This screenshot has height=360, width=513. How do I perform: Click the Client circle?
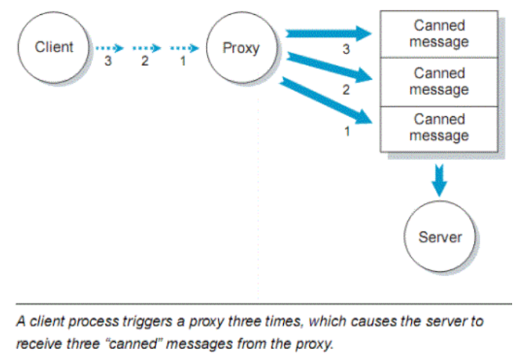(x=55, y=48)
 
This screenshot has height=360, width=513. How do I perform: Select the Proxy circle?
(x=240, y=49)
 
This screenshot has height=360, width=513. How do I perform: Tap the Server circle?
(x=440, y=237)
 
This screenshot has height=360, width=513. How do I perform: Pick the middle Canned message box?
(x=439, y=82)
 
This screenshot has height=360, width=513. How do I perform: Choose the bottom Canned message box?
(x=439, y=127)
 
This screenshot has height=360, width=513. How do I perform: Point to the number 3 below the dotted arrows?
(x=108, y=62)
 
